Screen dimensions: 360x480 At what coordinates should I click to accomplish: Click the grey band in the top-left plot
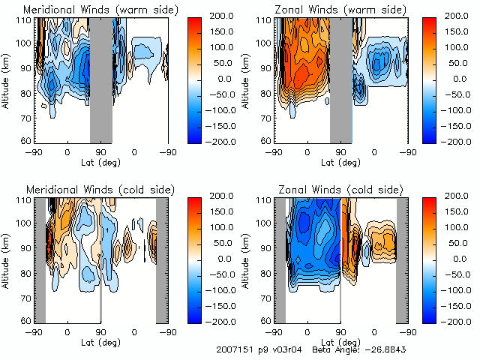tap(101, 79)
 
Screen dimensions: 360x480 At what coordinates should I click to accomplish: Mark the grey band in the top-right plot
tap(341, 79)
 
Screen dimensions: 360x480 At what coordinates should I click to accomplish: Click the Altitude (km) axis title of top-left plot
tap(6, 79)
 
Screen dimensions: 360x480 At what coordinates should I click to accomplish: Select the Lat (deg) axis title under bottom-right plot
tap(341, 341)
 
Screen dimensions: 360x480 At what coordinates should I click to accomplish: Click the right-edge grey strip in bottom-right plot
tap(402, 259)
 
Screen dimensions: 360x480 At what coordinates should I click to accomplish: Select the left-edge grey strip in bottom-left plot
tap(40, 259)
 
